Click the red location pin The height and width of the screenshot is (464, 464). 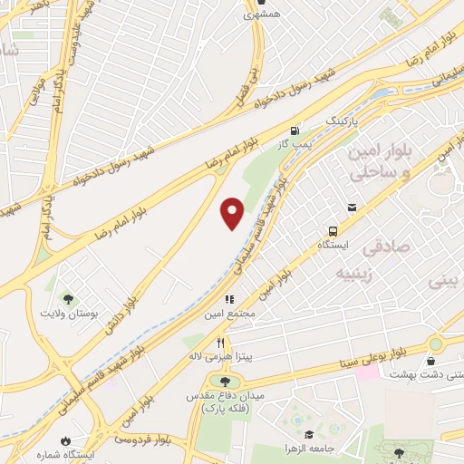233,212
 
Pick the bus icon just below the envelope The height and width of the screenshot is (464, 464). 333,230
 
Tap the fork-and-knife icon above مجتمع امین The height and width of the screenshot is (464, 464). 230,299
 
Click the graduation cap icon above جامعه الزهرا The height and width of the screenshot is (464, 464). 309,434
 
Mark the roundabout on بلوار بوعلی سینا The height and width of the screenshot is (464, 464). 437,343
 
